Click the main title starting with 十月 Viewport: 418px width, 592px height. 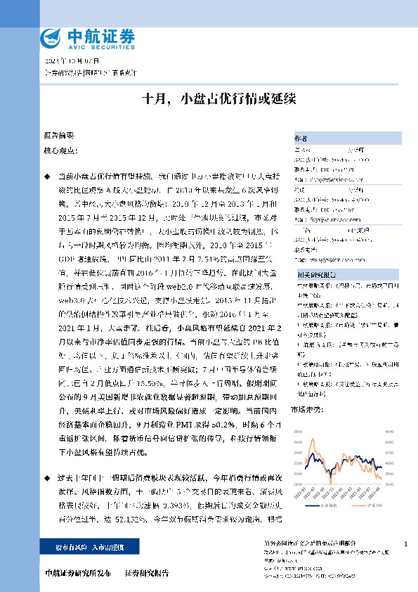coord(209,99)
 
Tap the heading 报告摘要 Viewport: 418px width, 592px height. coord(58,134)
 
